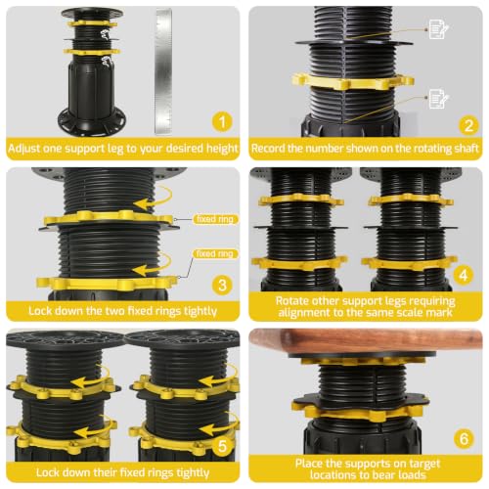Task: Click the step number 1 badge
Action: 222,121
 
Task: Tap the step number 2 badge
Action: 468,125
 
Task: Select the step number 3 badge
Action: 222,285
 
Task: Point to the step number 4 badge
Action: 464,276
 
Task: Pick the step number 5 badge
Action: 222,446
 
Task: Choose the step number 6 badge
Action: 464,438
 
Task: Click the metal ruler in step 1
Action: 163,71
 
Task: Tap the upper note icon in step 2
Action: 438,29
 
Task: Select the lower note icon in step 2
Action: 439,98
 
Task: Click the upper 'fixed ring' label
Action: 215,219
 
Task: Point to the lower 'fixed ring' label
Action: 215,253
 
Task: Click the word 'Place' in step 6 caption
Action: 309,464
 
